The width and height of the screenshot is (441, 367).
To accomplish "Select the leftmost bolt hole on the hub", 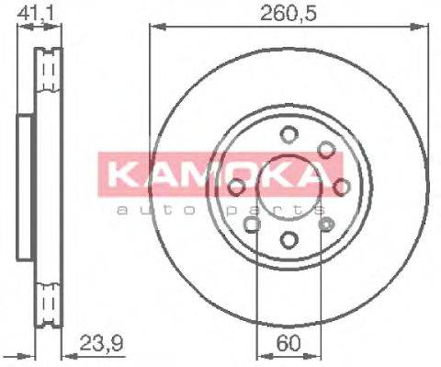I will [x=237, y=188].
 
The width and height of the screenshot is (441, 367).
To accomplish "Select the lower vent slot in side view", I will [x=46, y=302].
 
